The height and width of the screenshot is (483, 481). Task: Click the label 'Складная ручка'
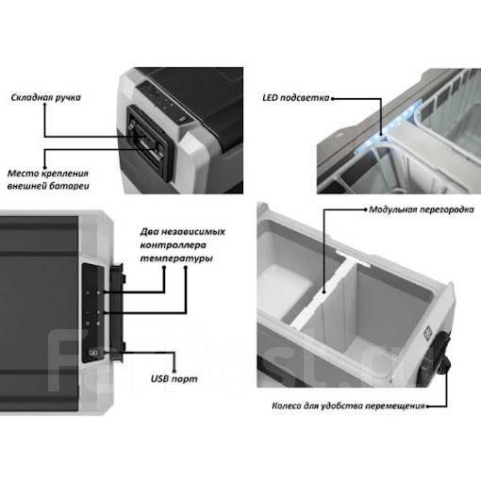pos(46,97)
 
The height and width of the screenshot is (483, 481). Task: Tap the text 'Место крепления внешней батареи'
pos(48,179)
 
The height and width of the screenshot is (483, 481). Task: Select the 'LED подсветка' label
pos(296,98)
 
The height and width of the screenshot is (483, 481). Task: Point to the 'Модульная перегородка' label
pos(422,209)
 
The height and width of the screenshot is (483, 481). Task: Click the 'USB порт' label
pos(174,378)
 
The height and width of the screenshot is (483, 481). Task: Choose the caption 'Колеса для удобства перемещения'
pos(348,406)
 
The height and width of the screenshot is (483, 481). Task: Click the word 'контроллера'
pos(173,245)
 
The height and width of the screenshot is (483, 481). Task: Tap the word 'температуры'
pos(176,258)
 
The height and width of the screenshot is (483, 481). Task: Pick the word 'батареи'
pos(71,186)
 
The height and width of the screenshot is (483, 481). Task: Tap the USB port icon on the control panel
pos(94,352)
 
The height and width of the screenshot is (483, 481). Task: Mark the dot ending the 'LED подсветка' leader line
pos(332,98)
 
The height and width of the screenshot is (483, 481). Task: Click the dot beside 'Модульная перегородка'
pos(365,209)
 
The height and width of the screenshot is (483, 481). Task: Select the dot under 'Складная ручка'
pos(45,105)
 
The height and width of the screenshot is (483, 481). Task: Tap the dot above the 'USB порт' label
pos(174,372)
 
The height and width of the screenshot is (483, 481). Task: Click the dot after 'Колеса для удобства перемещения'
pos(428,407)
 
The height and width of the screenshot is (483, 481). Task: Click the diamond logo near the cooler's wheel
pos(428,334)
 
